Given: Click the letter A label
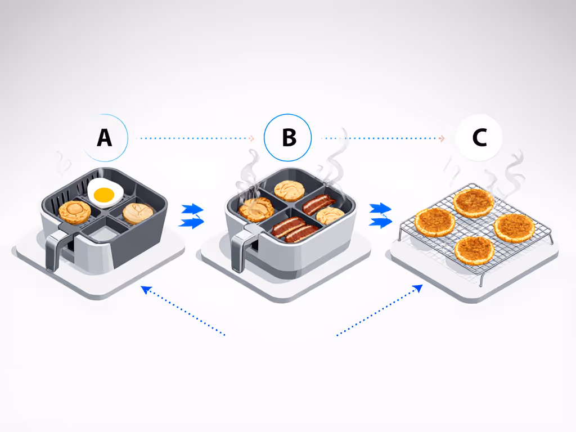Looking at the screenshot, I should point(104,137).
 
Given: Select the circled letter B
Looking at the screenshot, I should point(289,138).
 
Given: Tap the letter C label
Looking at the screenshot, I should point(479,138).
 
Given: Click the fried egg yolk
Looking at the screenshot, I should point(105,195).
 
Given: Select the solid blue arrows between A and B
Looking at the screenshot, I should point(192,217).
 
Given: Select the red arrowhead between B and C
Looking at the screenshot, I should point(442,138).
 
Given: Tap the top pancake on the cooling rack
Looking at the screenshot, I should point(473,202).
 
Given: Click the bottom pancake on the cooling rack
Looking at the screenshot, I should point(475,250).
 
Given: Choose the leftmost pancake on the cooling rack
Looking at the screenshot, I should point(435,222).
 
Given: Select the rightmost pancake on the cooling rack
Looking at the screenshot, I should point(514,227).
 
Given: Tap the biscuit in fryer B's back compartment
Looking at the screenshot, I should point(290,191).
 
